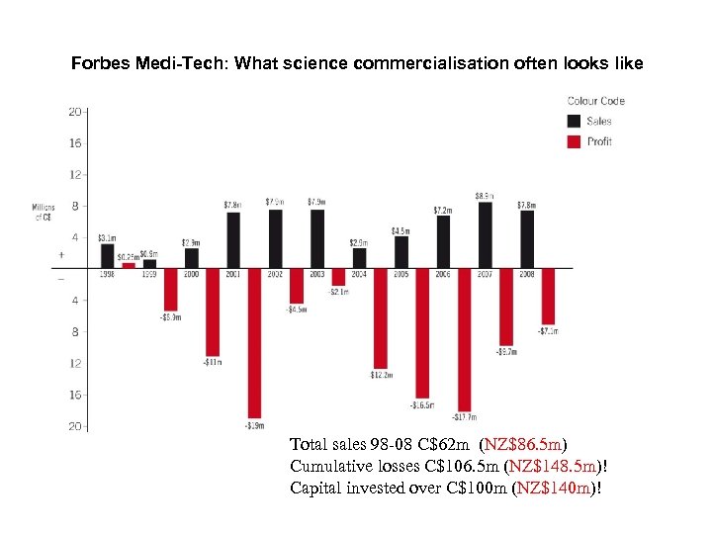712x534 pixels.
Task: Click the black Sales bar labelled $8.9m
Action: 485,234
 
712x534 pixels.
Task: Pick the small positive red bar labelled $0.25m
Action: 129,265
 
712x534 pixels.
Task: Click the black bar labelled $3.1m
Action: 108,255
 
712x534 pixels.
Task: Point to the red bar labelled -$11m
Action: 213,311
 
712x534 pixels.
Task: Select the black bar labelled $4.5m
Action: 401,252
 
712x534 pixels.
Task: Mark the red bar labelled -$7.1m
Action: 548,295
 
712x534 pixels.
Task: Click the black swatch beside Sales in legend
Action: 575,121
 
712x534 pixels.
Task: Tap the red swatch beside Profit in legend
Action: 575,141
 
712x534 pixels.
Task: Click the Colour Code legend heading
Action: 595,101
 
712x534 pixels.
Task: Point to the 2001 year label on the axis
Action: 232,274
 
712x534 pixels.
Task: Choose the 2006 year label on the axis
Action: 443,274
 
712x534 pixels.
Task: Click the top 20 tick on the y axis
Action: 75,112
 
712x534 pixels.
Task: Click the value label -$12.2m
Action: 382,375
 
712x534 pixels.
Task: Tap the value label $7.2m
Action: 443,210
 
